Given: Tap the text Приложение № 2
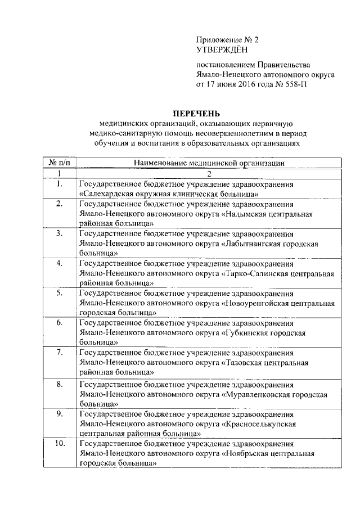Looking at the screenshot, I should click(227, 40).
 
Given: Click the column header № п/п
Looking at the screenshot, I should click(59, 163).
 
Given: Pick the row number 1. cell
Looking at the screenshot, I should click(59, 184).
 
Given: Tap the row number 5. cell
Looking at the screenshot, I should click(59, 294).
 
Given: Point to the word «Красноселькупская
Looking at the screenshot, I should click(259, 424).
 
